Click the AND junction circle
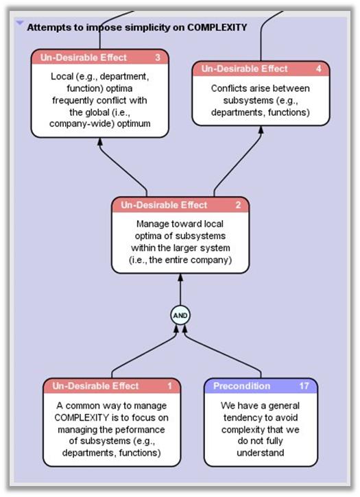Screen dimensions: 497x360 point(180,315)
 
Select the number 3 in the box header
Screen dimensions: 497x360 point(158,58)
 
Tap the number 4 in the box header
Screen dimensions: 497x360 point(318,69)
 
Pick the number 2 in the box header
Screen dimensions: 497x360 point(237,205)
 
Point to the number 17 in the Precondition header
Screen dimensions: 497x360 point(304,386)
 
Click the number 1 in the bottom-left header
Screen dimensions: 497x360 point(169,386)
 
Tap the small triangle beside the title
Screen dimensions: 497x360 point(19,23)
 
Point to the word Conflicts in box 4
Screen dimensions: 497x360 point(231,88)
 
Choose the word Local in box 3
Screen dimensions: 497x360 point(63,77)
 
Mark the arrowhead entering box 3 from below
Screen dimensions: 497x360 point(99,141)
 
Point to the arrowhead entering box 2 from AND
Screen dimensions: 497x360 point(180,276)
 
